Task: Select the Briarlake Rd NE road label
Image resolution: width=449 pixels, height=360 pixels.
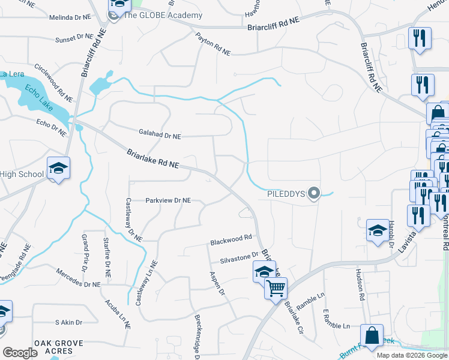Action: [x=153, y=159]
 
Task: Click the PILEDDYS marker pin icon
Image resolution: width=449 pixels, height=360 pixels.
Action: [x=313, y=193]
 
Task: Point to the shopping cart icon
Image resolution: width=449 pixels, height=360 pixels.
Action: [x=276, y=288]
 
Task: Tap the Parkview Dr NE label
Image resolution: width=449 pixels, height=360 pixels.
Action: [x=167, y=200]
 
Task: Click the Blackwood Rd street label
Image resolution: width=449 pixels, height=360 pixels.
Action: [x=231, y=240]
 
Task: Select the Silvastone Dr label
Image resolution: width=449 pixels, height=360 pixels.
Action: [x=239, y=257]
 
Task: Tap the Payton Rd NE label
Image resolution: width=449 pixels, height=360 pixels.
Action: [x=212, y=44]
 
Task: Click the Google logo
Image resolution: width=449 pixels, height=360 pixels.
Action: [x=20, y=352]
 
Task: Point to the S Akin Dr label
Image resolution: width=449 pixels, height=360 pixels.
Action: [x=68, y=322]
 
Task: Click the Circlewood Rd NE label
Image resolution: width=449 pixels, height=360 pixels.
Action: [x=54, y=82]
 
